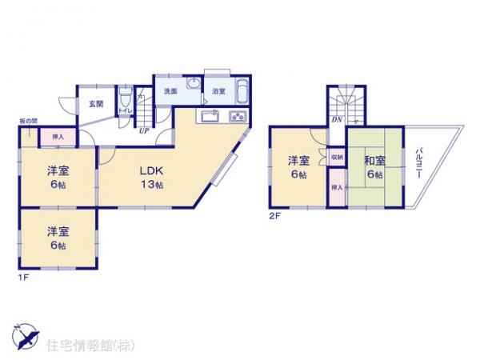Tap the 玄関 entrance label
tap(95, 103)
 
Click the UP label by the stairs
tap(144, 130)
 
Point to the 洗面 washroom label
tap(170, 91)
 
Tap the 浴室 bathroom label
tap(217, 92)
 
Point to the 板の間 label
tap(28, 121)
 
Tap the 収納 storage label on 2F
tap(338, 158)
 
